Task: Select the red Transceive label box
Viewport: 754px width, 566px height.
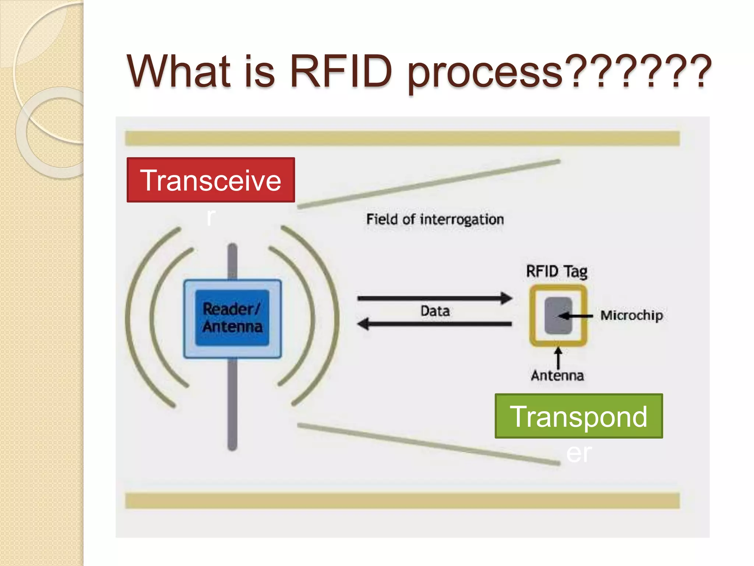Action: [211, 180]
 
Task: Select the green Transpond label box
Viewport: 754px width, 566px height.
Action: [578, 416]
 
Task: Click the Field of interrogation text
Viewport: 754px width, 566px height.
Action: [435, 220]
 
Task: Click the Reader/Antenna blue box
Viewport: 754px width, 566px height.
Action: [232, 318]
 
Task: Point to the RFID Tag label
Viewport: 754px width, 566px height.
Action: [556, 272]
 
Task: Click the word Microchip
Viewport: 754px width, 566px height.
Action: [631, 315]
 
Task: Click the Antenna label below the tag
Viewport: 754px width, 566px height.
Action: [557, 375]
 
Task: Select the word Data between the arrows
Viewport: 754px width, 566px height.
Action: [435, 311]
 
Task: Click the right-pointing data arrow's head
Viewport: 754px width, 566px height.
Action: [507, 298]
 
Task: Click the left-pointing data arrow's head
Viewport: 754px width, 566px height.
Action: [363, 324]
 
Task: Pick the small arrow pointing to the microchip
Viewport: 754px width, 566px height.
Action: [574, 316]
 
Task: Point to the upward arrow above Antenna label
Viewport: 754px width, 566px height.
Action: [558, 357]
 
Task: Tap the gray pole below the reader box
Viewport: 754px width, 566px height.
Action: [232, 405]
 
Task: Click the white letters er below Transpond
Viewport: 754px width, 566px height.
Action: [579, 453]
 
